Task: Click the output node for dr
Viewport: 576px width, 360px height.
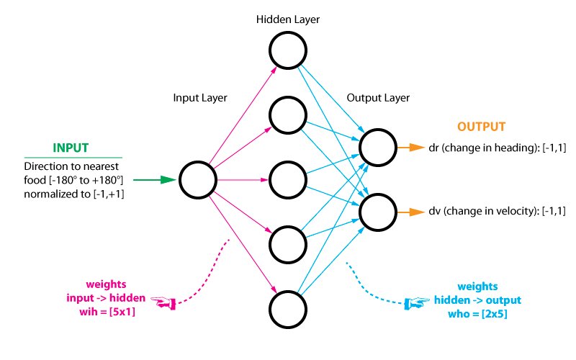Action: pos(378,148)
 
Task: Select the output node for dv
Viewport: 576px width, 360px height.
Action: pos(378,212)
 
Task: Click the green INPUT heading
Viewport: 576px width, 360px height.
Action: pos(71,148)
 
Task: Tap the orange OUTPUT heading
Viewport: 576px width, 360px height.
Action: pos(482,127)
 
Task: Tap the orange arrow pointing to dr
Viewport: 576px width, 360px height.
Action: pos(413,148)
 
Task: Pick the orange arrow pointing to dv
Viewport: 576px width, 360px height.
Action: pos(413,212)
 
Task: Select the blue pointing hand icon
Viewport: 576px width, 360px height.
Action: pos(415,304)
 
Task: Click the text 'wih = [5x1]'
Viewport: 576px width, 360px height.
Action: pos(107,310)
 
